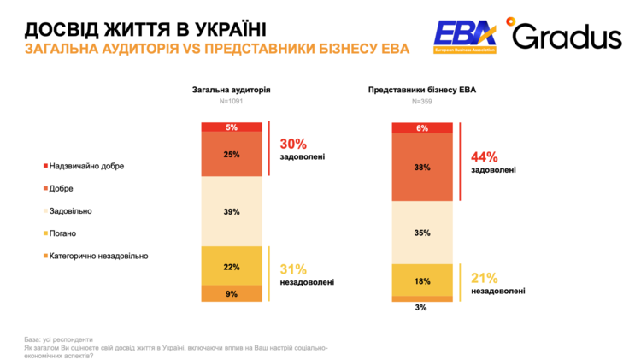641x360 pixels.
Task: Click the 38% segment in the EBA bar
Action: click(x=422, y=168)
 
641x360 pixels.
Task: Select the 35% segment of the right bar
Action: click(x=422, y=233)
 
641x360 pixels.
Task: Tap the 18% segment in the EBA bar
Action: click(x=422, y=280)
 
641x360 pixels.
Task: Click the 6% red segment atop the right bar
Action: click(x=422, y=128)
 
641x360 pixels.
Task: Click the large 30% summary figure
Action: click(x=293, y=144)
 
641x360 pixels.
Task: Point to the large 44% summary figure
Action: click(x=484, y=156)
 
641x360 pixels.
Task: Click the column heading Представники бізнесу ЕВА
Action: click(x=421, y=88)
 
